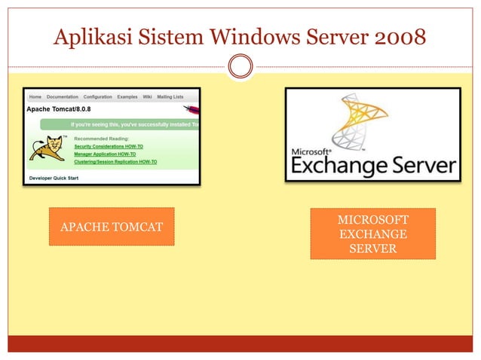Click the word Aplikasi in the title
click(90, 35)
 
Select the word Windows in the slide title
click(248, 35)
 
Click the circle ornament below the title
click(240, 67)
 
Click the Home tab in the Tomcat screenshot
click(35, 97)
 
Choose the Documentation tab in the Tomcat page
click(63, 97)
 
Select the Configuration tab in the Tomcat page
click(98, 97)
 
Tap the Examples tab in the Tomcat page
click(127, 97)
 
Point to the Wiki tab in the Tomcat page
click(148, 97)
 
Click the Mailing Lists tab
click(170, 97)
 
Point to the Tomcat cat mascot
click(47, 148)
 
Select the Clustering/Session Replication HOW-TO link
click(115, 161)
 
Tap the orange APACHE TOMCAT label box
click(112, 227)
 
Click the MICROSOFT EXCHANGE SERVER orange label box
click(372, 233)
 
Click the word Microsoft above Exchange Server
click(311, 151)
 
